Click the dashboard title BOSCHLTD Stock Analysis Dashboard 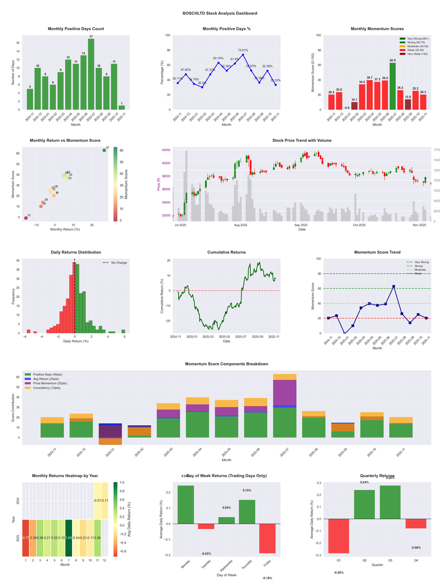tap(220, 13)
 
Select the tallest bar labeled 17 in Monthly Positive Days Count tap(91, 74)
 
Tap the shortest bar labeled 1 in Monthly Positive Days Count tap(122, 107)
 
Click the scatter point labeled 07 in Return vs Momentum tap(104, 150)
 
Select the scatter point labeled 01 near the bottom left tap(26, 218)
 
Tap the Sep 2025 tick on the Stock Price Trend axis tap(301, 225)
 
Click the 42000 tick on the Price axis tap(164, 150)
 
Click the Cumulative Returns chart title tap(227, 252)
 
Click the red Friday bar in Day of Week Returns tap(267, 538)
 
